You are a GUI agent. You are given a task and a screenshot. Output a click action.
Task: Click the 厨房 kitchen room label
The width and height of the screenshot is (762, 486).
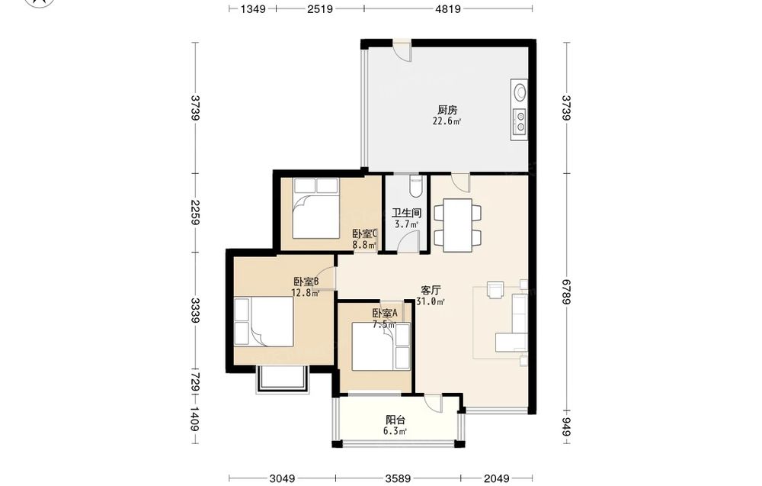click(447, 110)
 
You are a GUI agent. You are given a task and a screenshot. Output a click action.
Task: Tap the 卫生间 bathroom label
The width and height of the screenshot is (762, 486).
click(407, 213)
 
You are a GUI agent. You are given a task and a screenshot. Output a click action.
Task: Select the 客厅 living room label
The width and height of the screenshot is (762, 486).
click(431, 291)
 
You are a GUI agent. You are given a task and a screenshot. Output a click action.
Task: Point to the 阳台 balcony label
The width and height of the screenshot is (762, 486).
click(395, 420)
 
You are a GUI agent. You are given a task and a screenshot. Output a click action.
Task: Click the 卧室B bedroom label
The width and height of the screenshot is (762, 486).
click(306, 282)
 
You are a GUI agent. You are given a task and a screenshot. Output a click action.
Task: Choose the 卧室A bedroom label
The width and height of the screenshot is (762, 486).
click(386, 314)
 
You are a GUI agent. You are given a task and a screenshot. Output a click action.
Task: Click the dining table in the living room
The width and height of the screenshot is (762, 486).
click(458, 225)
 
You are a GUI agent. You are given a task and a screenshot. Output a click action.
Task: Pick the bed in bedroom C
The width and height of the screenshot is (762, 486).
click(316, 209)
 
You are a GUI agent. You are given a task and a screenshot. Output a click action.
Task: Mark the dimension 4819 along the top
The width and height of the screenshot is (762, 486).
click(447, 8)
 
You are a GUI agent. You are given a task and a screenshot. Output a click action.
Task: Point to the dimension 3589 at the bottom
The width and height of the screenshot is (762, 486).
click(398, 478)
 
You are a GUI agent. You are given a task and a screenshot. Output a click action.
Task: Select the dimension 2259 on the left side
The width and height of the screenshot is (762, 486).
click(195, 213)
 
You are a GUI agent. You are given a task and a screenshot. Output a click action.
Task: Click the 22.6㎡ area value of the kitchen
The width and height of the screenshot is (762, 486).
click(447, 121)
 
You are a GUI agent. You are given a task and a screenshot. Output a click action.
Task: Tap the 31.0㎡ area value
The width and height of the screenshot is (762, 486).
click(431, 301)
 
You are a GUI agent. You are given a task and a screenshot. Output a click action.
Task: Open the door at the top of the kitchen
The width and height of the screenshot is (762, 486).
click(402, 50)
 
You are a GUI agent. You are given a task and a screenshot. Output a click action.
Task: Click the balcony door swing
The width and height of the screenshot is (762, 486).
click(433, 403)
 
